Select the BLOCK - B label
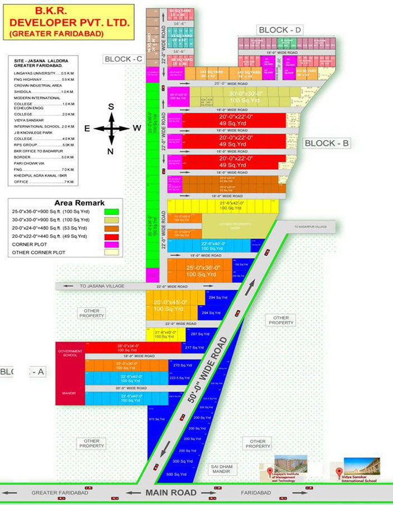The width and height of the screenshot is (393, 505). pos(327,143)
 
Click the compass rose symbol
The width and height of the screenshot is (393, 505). pos(111,128)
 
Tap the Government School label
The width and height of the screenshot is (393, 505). pos(70,353)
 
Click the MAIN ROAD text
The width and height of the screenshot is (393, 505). pos(171,492)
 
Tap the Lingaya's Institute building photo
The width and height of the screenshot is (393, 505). pos(290,465)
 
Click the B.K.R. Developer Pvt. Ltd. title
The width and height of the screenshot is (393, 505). pos(70,22)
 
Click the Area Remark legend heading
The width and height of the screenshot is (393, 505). pos(79,203)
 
